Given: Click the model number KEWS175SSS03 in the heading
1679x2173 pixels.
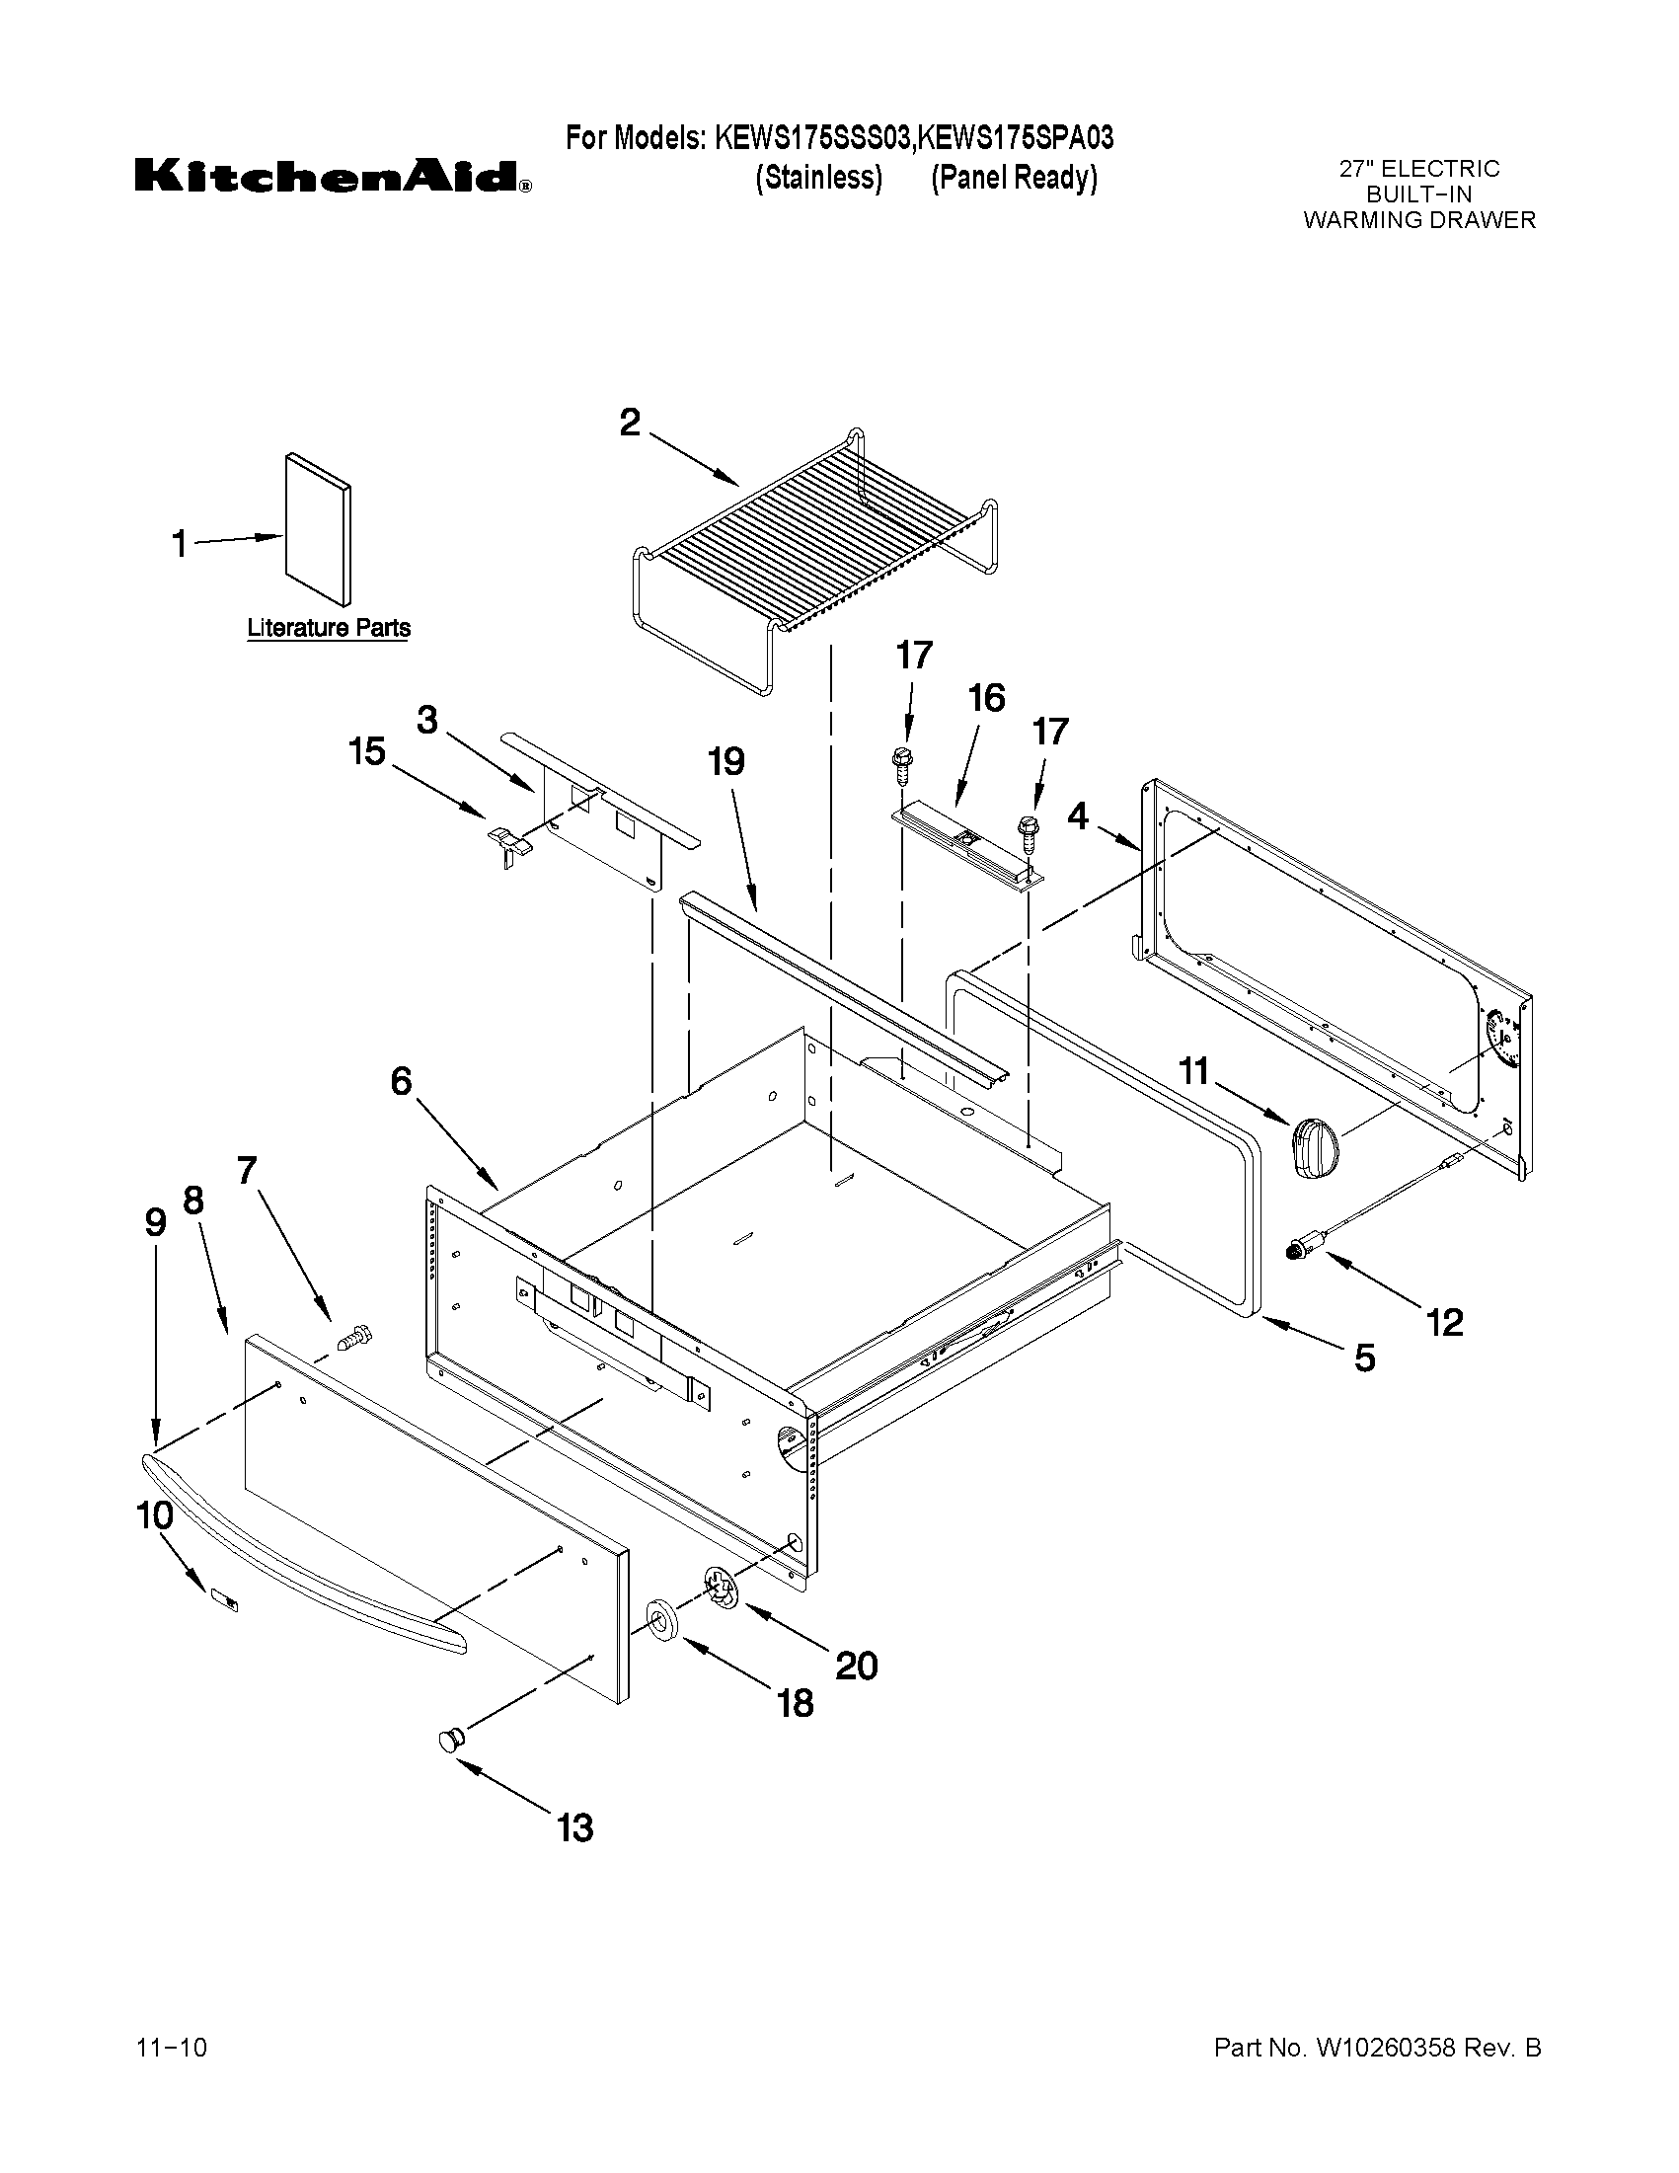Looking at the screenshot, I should (x=812, y=138).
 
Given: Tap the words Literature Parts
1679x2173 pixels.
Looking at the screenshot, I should (x=329, y=628).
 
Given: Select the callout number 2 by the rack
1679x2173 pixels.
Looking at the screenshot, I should (x=630, y=423).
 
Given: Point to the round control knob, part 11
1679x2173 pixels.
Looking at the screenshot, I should (x=1315, y=1147).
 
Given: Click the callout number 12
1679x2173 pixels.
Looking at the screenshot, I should (x=1444, y=1321).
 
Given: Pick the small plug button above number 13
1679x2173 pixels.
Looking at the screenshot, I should (x=451, y=1740).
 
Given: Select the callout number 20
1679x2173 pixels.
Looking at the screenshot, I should (x=856, y=1665).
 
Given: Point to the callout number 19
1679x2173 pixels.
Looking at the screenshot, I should (x=726, y=762).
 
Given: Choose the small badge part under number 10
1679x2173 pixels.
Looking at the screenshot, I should (x=225, y=1599).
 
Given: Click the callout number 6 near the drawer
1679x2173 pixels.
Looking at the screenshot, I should (x=401, y=1080).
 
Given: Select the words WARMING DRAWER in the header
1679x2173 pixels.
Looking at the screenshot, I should (x=1419, y=220).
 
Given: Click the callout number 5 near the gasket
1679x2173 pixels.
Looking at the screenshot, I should (x=1365, y=1358).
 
